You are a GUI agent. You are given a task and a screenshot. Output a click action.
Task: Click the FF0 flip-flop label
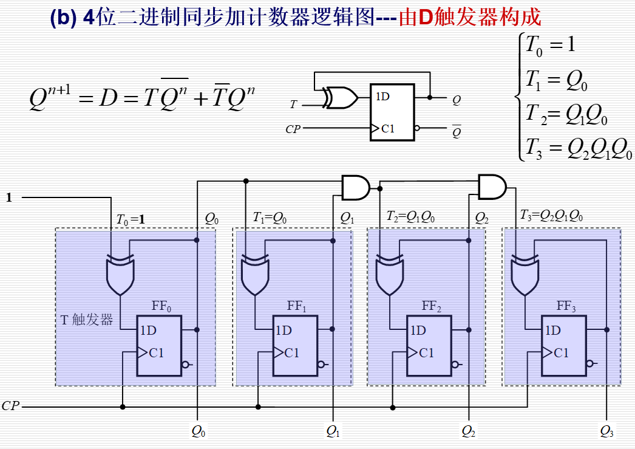coord(161,306)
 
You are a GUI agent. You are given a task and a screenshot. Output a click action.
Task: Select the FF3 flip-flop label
coord(566,306)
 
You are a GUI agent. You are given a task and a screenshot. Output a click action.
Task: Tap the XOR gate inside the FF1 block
coord(255,275)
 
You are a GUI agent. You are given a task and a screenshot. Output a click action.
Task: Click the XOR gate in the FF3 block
coord(525,275)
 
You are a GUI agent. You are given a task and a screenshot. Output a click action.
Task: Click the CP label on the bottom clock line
coord(10,406)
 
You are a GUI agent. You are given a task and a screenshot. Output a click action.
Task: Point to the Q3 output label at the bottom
coord(606,431)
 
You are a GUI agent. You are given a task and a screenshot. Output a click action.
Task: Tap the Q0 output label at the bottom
coord(199,431)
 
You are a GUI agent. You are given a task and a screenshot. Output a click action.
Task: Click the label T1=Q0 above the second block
coord(270,217)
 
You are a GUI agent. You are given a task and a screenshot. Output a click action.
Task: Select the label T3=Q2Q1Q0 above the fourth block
coord(552,216)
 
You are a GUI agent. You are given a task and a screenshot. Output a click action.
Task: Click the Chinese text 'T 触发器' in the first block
coord(87,320)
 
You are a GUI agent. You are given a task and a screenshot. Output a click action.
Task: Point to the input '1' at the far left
coord(8,197)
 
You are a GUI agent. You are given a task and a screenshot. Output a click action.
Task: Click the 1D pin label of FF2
coord(418,331)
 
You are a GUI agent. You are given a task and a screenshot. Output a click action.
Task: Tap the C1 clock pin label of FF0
coord(156,353)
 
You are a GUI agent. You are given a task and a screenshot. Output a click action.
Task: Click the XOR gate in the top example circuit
coord(339,98)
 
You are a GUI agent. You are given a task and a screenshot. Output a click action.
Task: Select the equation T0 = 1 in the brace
coord(549,44)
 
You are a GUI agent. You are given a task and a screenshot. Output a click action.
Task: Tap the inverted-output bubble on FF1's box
coord(321,365)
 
